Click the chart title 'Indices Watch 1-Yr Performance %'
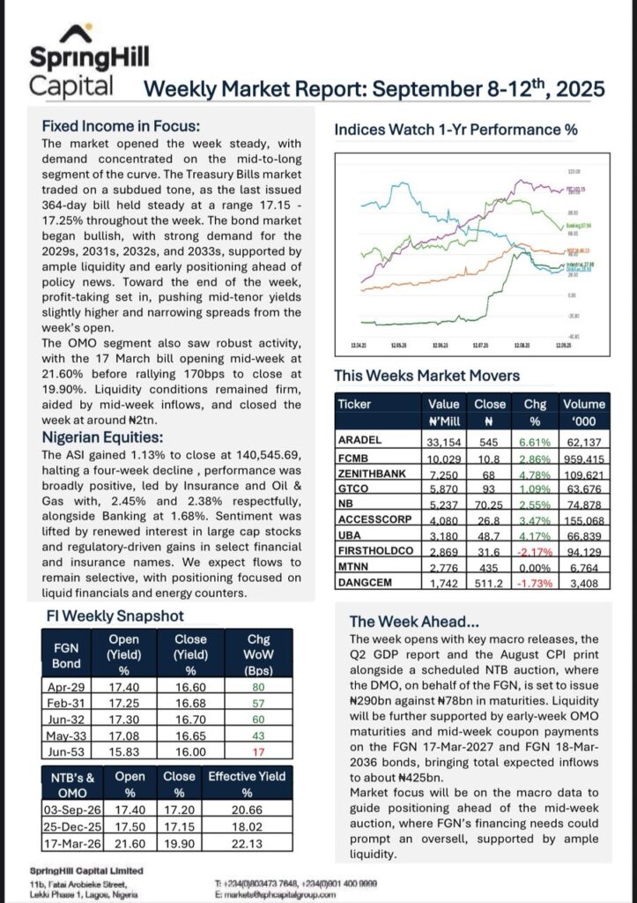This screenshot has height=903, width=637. [x=456, y=130]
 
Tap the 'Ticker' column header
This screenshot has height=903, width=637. [x=359, y=404]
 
